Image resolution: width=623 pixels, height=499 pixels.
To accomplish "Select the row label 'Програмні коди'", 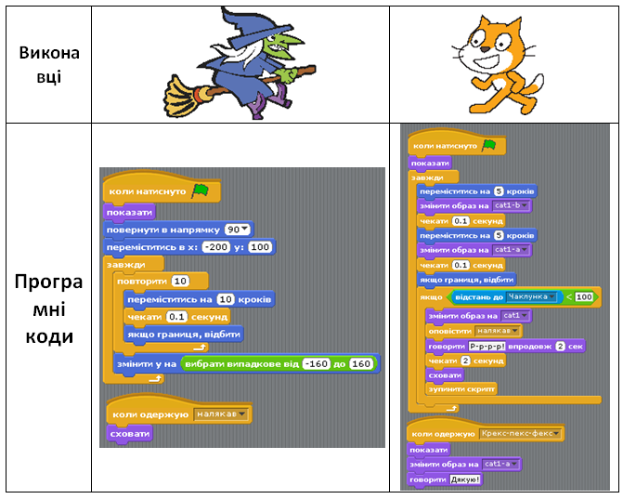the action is [x=49, y=308].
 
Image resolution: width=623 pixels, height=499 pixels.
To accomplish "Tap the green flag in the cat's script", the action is [x=487, y=146].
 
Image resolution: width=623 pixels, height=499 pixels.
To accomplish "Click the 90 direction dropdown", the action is [x=238, y=230].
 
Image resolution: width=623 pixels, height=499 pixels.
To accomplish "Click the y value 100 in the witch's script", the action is [x=260, y=247].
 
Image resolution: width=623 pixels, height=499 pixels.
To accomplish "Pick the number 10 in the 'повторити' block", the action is [x=180, y=281].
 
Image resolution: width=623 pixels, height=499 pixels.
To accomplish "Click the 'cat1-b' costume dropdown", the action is [x=511, y=205].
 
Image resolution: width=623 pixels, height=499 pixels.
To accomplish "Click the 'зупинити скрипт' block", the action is [x=461, y=388].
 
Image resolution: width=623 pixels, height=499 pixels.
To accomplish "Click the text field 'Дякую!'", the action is [x=465, y=479].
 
